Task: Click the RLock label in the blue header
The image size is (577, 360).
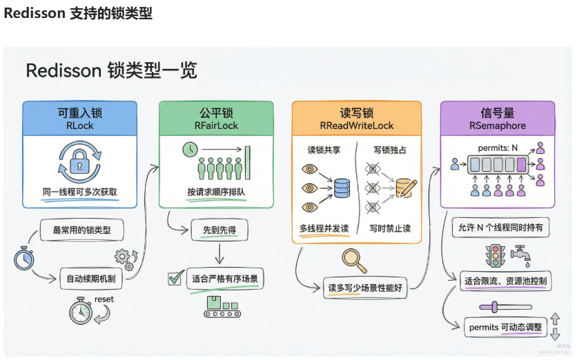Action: pos(80,126)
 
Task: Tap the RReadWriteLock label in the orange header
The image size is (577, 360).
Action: pos(356,126)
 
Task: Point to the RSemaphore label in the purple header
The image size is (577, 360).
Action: pos(498,126)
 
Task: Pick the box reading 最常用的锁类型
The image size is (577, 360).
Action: pos(81,230)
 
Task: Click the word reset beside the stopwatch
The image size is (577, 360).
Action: pos(104,299)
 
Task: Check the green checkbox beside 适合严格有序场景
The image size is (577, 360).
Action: pos(175,279)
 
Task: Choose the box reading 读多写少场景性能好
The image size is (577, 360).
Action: pos(364,288)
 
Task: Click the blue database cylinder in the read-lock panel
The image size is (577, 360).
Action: pos(342,186)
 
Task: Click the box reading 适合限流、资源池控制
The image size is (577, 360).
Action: pos(505,281)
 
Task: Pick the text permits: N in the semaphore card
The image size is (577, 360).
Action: pos(497,148)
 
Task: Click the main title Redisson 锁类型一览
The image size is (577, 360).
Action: pos(111,70)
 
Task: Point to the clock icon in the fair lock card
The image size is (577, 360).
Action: pos(190,150)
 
